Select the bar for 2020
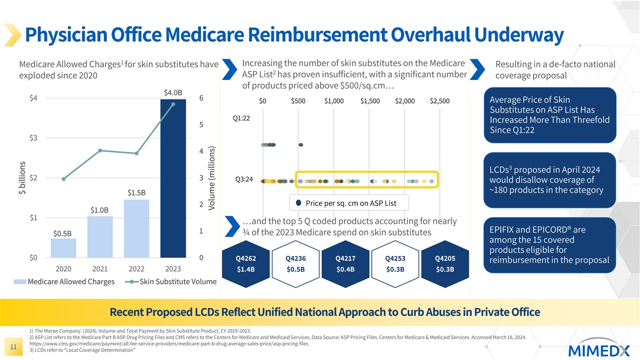point(63,248)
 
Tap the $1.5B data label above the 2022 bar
point(137,192)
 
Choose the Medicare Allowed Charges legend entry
point(71,282)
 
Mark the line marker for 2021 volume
point(100,151)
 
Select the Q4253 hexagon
point(395,263)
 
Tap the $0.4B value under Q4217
point(345,269)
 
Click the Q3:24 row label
point(242,179)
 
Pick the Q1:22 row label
point(242,118)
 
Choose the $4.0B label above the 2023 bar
point(173,93)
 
